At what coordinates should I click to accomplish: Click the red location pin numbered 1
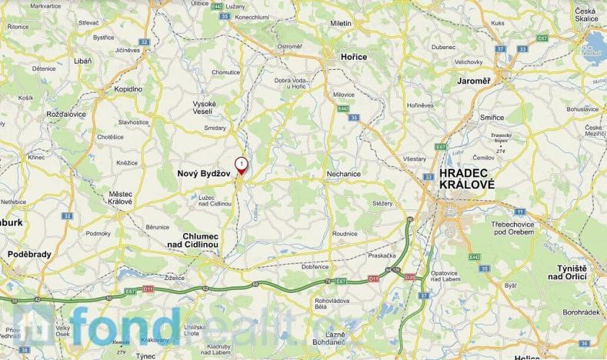click(x=242, y=165)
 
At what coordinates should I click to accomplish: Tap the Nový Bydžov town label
click(x=204, y=175)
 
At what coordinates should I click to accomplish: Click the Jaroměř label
click(x=473, y=80)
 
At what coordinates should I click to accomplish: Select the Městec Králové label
click(x=121, y=197)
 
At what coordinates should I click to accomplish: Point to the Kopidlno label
click(x=129, y=89)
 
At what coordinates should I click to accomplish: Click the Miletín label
click(x=341, y=23)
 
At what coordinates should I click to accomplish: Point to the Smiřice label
click(x=492, y=117)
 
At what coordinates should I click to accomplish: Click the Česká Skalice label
click(x=589, y=15)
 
